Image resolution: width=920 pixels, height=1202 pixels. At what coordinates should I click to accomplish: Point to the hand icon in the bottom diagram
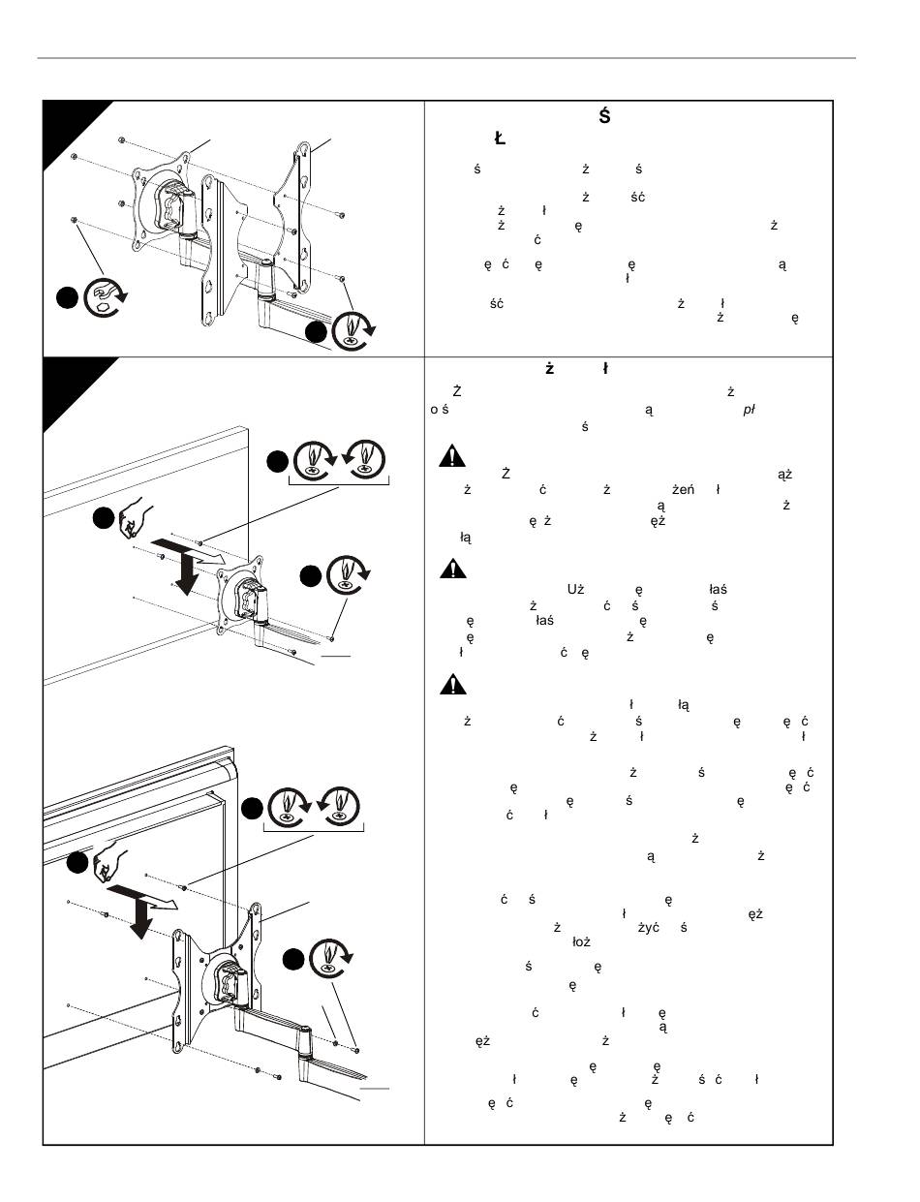[x=109, y=865]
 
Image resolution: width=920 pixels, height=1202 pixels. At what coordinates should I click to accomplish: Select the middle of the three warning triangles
[x=451, y=570]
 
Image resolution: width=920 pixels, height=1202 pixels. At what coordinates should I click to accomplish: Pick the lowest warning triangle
[x=451, y=685]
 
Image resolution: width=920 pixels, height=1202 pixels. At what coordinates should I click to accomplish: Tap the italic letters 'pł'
[x=748, y=409]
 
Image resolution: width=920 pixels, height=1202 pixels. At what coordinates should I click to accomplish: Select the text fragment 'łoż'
[x=582, y=940]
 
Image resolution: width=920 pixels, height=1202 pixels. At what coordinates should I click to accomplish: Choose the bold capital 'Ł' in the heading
[x=500, y=139]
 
